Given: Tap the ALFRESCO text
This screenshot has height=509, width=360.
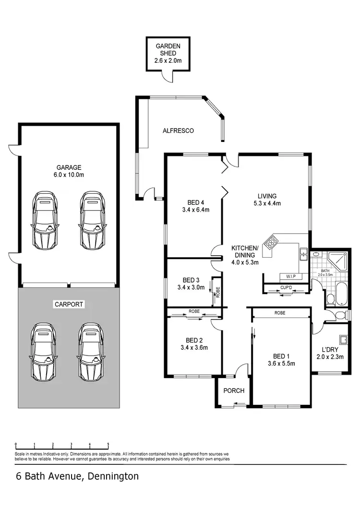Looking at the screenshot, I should [178, 130].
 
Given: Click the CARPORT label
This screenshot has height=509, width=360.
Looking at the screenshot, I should [69, 304].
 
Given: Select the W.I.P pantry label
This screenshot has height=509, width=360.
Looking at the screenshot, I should [290, 277].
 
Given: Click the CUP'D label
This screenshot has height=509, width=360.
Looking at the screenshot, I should [286, 288].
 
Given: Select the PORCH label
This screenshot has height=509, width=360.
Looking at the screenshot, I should [234, 391].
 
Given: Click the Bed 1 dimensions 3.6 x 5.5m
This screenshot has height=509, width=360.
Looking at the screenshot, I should [280, 363].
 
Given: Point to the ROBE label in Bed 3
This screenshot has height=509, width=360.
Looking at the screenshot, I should [217, 291].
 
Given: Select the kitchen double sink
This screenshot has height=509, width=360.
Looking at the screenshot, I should [303, 253].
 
